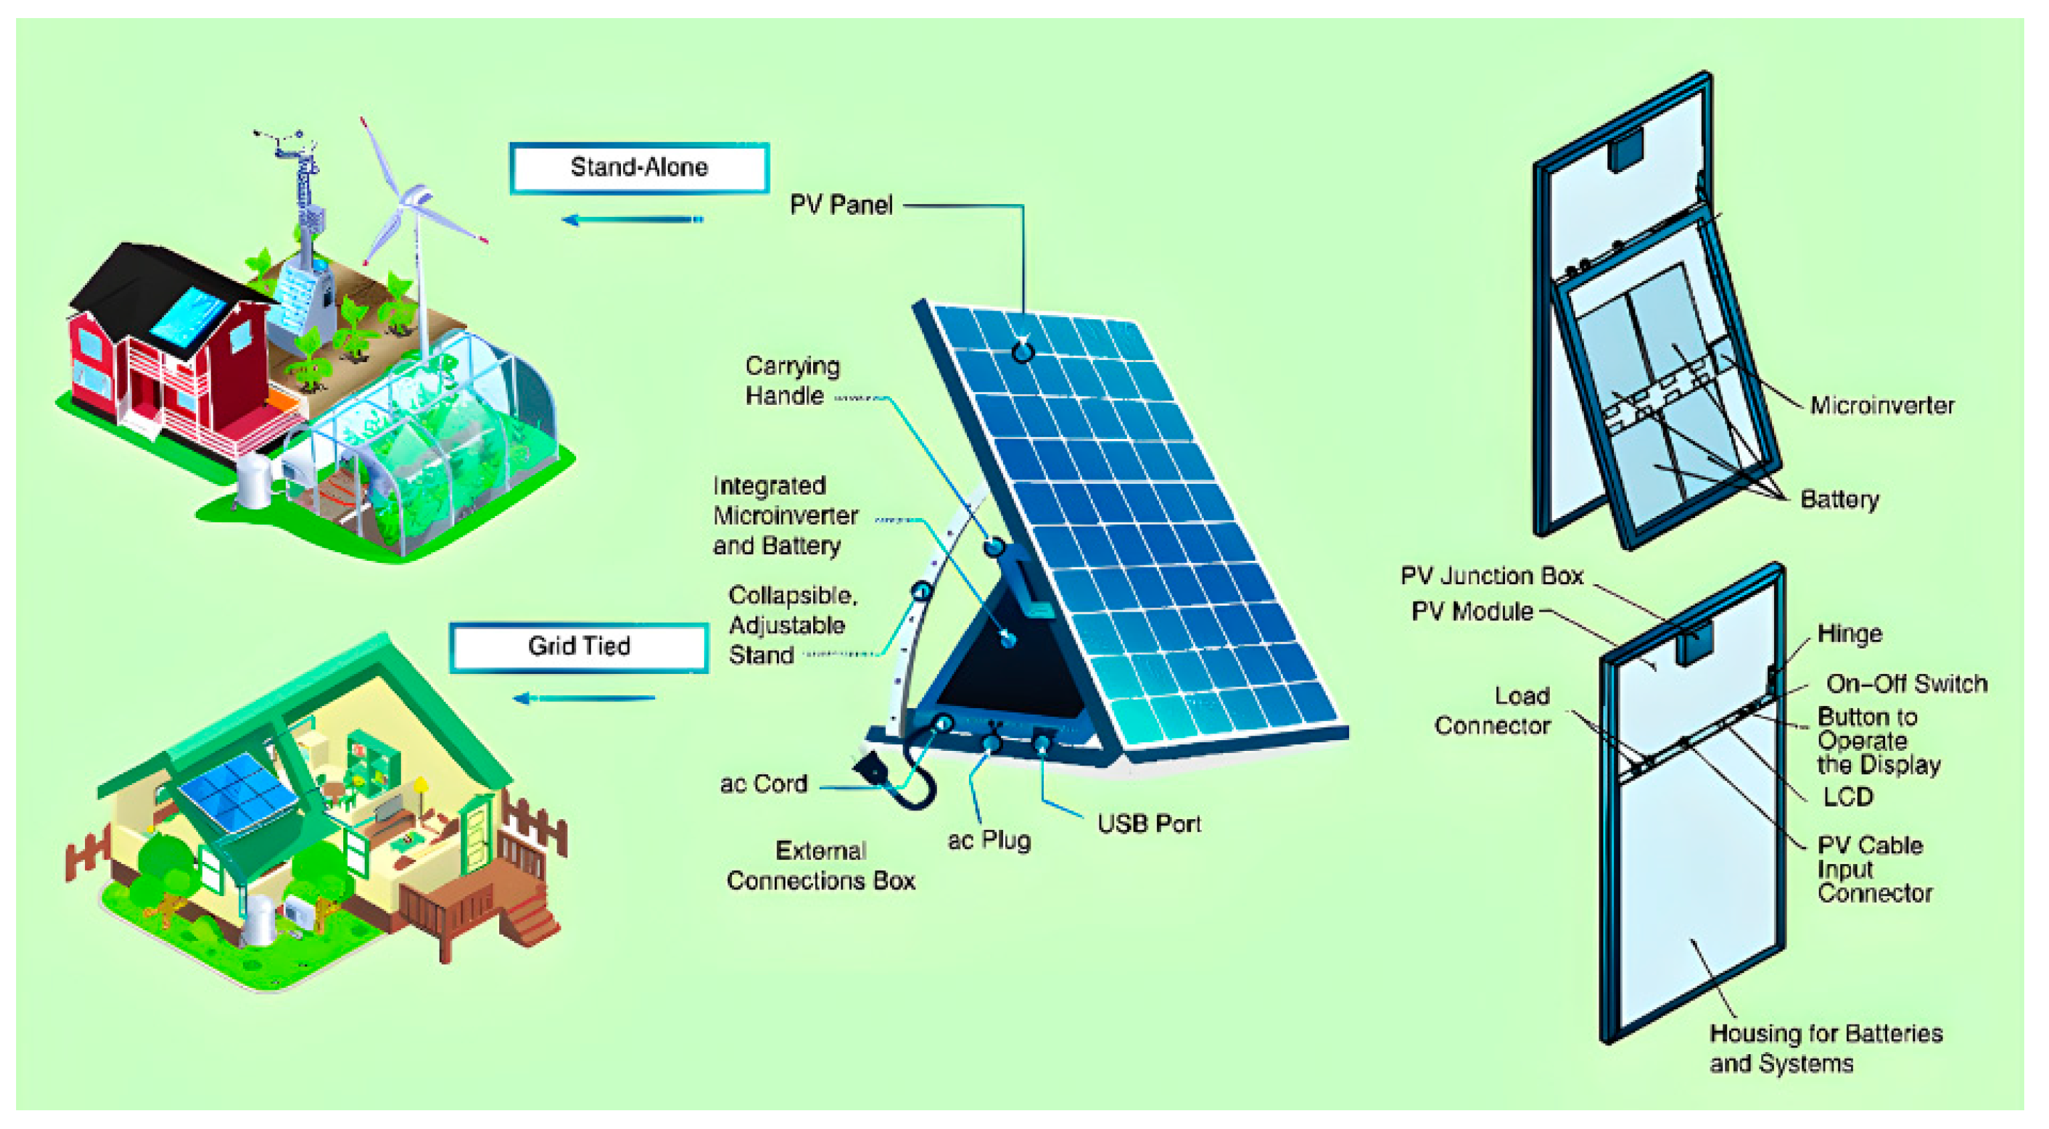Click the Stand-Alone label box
638,167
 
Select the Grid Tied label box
578,647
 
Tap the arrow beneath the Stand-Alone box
632,220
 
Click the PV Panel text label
840,205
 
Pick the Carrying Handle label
792,381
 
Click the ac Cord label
763,784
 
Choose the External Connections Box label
820,865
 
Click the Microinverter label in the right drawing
1881,406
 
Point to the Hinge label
1850,634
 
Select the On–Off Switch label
1906,683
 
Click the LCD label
1848,796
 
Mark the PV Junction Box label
1492,576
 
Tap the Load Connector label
1492,711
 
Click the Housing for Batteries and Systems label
1825,1048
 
